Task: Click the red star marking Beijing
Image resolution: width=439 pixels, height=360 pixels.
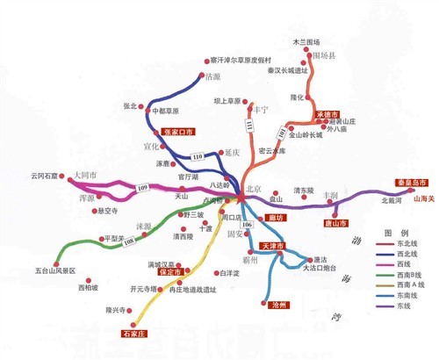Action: click(x=241, y=202)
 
